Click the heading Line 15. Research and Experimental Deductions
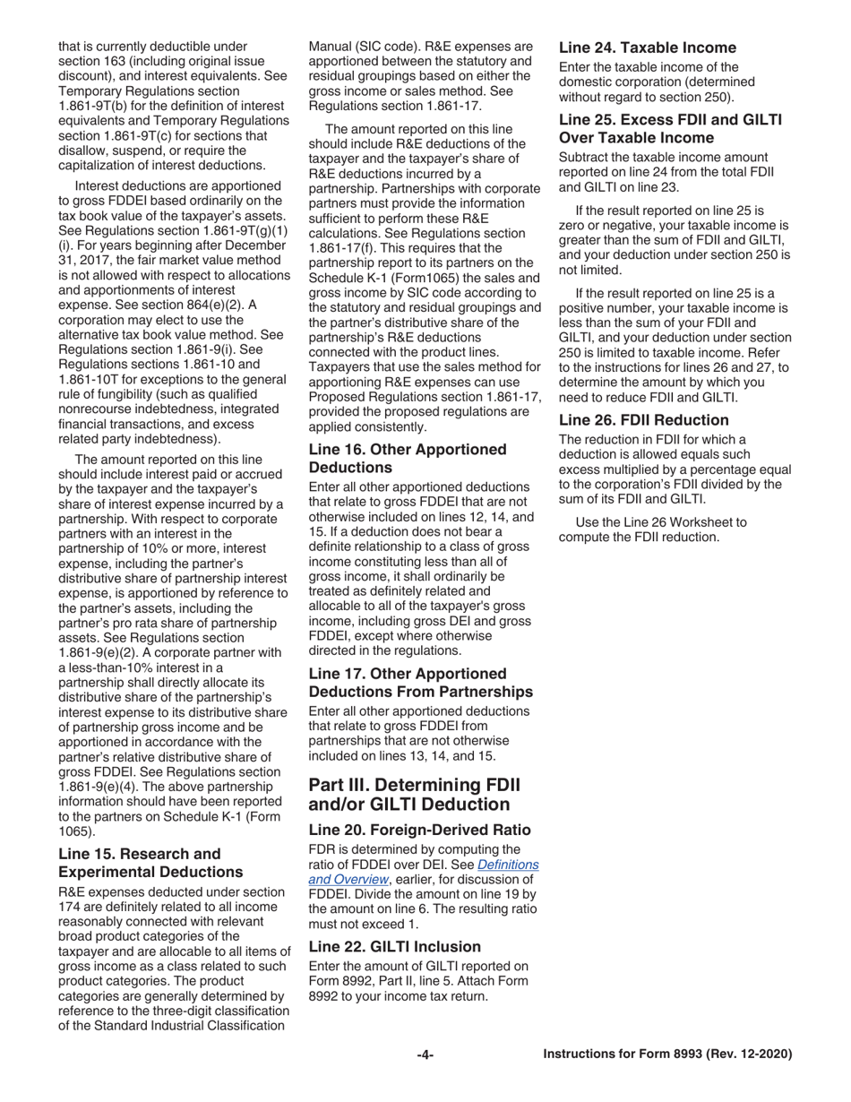click(139, 862)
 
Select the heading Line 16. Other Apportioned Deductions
click(408, 458)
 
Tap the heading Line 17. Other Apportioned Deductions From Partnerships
click(420, 682)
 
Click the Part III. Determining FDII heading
click(414, 794)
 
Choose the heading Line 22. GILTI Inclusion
click(394, 946)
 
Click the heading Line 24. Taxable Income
click(647, 47)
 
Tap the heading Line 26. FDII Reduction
click(643, 419)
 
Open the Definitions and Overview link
click(424, 872)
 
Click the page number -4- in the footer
click(425, 1055)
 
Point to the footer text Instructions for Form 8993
click(667, 1055)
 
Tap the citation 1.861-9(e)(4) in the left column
click(99, 786)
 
